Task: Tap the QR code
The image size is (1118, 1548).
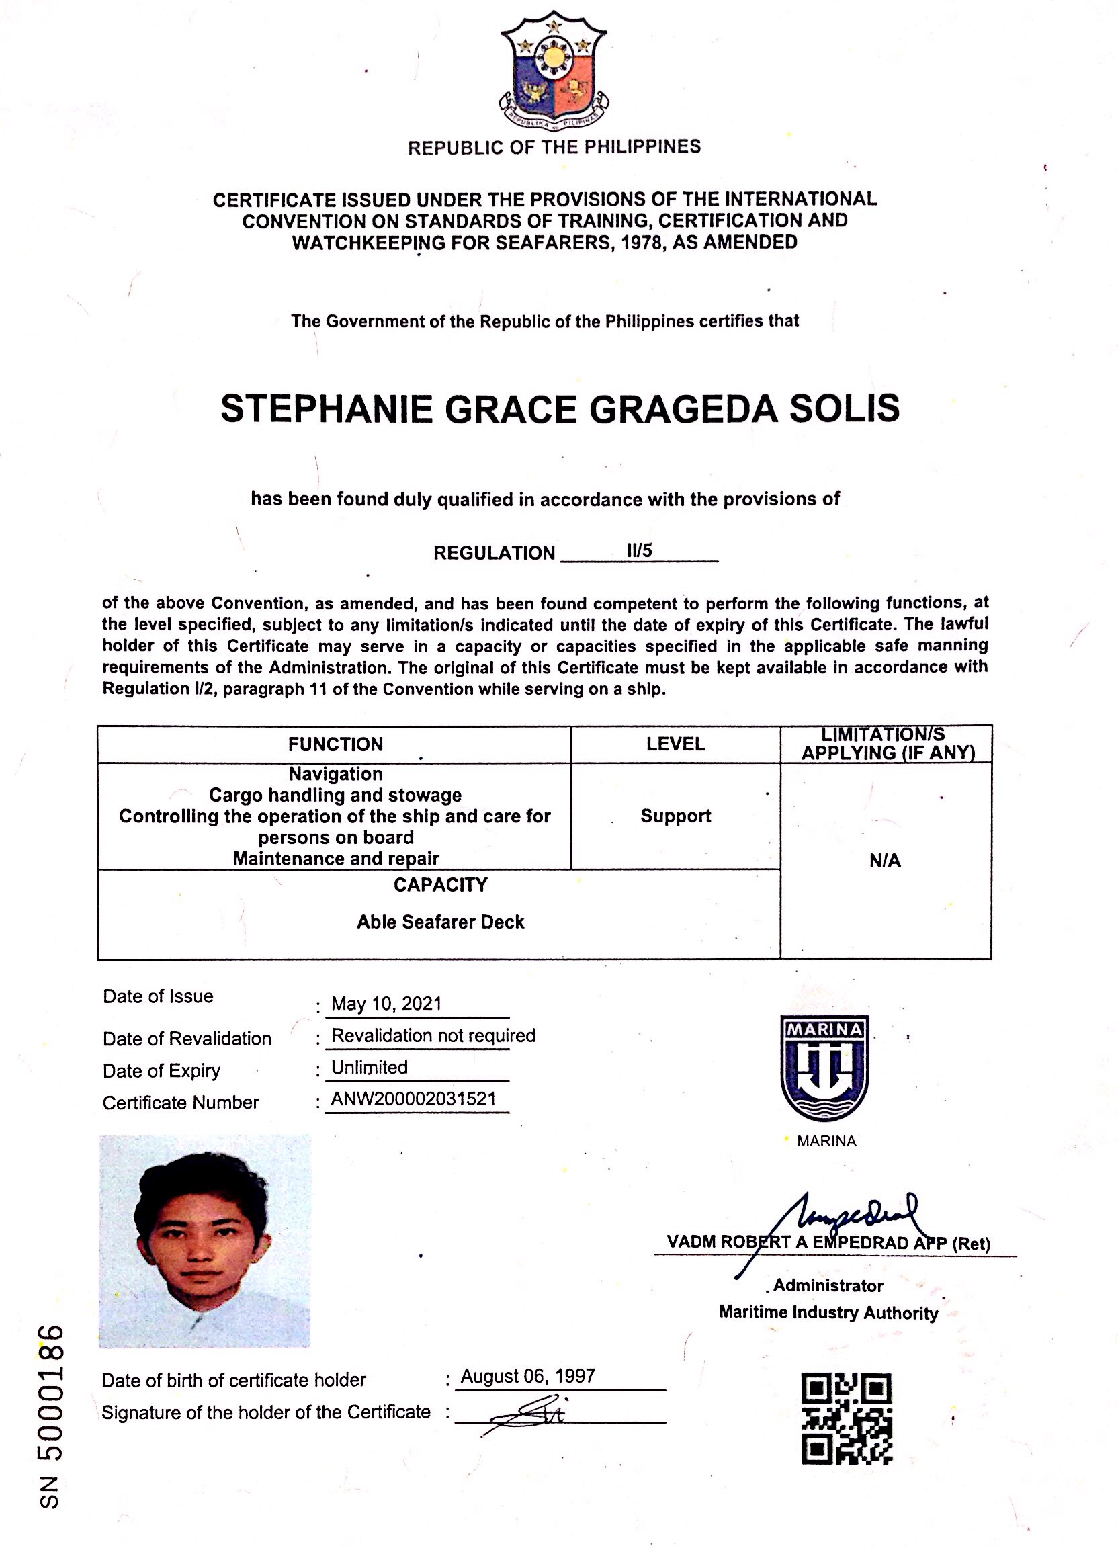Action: pyautogui.click(x=846, y=1418)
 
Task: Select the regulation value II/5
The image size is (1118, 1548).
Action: pyautogui.click(x=640, y=550)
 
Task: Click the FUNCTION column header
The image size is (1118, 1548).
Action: pyautogui.click(x=335, y=744)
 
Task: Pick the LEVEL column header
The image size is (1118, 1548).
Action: pyautogui.click(x=675, y=744)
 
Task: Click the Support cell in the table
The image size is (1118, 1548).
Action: pyautogui.click(x=675, y=816)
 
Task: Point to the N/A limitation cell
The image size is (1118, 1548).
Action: pyautogui.click(x=885, y=861)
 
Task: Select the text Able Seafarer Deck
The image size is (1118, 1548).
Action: pyautogui.click(x=440, y=922)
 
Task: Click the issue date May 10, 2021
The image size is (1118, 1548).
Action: pyautogui.click(x=386, y=1003)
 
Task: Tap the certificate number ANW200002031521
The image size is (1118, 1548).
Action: pyautogui.click(x=413, y=1099)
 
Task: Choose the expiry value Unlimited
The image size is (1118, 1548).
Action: pyautogui.click(x=370, y=1067)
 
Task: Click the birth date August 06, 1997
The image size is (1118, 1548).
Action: pyautogui.click(x=527, y=1375)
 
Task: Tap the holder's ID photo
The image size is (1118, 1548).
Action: pyautogui.click(x=205, y=1240)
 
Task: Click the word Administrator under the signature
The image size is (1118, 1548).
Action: pyautogui.click(x=828, y=1286)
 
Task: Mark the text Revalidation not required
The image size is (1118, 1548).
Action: pyautogui.click(x=433, y=1035)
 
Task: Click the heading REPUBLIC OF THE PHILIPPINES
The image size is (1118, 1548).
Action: pyautogui.click(x=554, y=146)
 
